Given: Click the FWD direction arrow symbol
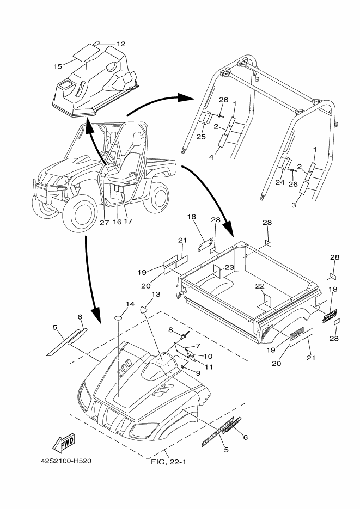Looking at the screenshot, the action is point(64,443).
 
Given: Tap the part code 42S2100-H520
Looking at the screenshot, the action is point(66,461).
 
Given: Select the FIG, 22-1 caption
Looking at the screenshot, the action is point(168,462).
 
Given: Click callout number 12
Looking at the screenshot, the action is point(121,44).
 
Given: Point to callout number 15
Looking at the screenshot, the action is point(58,66).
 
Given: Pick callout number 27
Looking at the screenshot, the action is point(104,223).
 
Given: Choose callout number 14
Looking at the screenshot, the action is point(130,304).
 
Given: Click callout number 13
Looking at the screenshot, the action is point(156,294).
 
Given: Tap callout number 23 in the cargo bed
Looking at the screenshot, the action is point(229,267).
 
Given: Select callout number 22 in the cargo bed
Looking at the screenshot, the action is point(260,286).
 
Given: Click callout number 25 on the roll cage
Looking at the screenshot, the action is point(201,137).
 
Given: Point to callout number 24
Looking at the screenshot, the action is point(280,182).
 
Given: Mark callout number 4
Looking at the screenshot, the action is point(211,157).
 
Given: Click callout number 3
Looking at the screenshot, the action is point(294,205).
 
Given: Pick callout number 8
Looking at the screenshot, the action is point(170,330).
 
